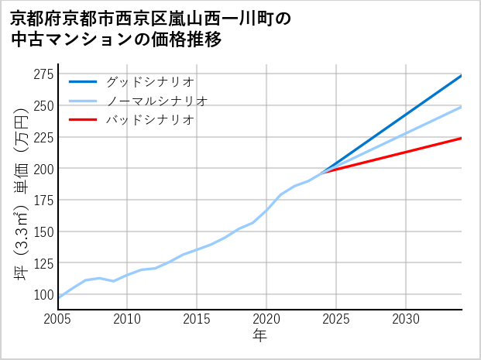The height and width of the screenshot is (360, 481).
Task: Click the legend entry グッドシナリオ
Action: tap(149, 81)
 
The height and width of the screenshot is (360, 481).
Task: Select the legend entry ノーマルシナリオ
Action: tap(156, 101)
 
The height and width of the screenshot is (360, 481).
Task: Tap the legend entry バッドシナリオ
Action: tap(149, 120)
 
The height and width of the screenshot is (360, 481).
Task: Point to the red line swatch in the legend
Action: tap(83, 120)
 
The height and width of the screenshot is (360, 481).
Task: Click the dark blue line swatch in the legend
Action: tap(83, 81)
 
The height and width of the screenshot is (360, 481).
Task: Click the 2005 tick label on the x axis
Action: tap(58, 318)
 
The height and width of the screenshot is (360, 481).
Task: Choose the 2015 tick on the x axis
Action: tap(198, 318)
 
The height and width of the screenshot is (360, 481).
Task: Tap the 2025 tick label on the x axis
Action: tap(336, 318)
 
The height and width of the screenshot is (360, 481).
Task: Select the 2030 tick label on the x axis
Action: tap(406, 318)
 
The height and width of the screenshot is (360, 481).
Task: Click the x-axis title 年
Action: tap(259, 335)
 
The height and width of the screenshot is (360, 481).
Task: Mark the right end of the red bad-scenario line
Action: tap(462, 138)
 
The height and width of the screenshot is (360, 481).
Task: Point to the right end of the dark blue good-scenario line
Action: tap(462, 75)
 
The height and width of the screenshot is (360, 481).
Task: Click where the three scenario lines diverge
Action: tap(322, 171)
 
